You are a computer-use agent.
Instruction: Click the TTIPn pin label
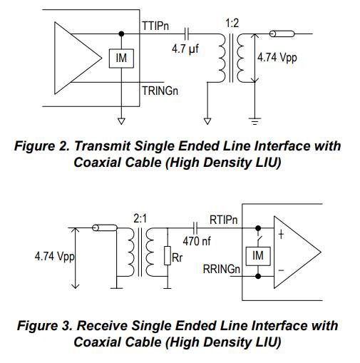[155, 26]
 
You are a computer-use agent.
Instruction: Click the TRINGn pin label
[160, 91]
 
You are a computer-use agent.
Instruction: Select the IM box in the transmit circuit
[121, 58]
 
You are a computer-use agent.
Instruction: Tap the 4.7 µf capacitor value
[185, 49]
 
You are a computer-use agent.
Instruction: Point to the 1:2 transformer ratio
[232, 24]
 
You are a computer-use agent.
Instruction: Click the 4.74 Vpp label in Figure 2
[277, 58]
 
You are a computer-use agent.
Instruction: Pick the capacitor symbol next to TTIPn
[187, 34]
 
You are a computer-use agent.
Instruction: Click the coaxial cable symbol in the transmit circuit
[282, 34]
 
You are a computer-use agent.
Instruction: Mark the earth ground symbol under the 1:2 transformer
[254, 121]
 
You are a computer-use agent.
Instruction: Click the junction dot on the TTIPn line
[121, 34]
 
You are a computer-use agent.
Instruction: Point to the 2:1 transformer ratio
[140, 218]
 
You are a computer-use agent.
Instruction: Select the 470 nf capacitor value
[197, 241]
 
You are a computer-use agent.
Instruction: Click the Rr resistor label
[177, 257]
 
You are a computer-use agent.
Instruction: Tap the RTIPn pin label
[223, 220]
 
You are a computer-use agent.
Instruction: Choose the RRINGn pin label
[221, 270]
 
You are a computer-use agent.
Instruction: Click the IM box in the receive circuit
[258, 256]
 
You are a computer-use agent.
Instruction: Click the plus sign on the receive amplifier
[281, 235]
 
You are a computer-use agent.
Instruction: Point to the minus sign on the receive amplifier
[281, 270]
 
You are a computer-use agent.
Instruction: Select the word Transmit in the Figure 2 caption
[103, 145]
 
